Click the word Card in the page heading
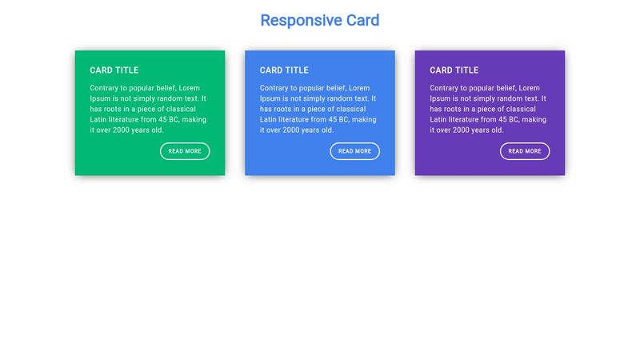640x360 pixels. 362,21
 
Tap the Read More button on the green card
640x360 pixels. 185,151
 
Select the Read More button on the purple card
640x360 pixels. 525,151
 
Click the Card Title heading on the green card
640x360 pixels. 114,70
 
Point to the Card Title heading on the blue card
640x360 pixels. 284,70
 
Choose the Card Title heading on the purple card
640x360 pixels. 454,70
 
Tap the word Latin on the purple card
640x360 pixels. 439,119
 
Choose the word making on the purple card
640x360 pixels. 534,119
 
